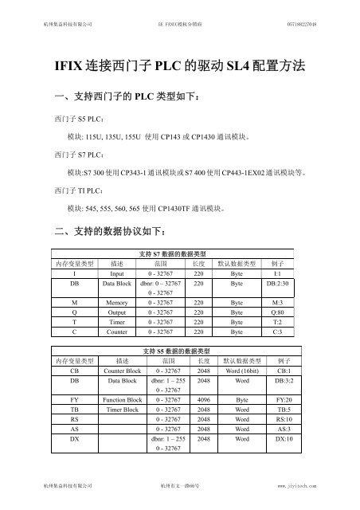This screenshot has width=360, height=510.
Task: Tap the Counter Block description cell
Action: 122,371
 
